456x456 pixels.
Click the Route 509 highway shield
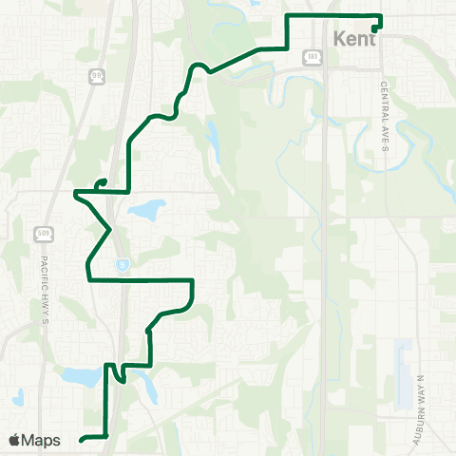point(43,232)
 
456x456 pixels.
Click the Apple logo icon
point(15,440)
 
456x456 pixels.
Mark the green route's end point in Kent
point(376,29)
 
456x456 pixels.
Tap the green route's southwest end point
point(82,439)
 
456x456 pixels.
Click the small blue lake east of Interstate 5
point(146,209)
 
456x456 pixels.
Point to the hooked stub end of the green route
point(98,182)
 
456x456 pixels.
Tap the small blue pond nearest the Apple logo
point(18,396)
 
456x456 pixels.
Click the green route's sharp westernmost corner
point(74,192)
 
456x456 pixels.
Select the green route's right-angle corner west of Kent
point(288,47)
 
